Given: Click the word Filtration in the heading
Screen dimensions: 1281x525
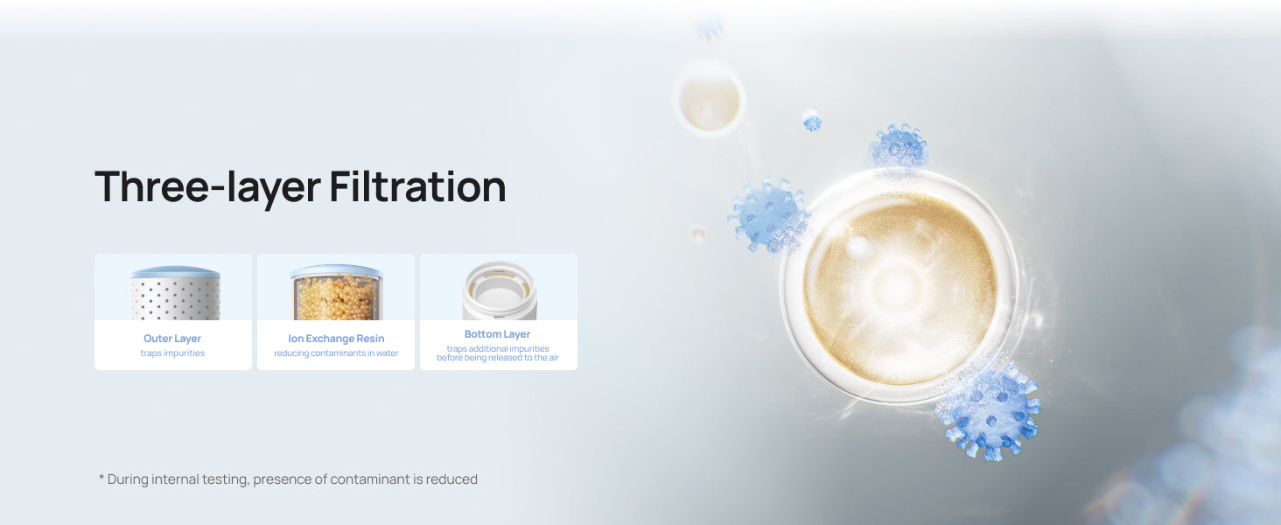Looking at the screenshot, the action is [x=418, y=186].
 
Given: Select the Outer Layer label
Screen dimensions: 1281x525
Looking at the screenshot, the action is [x=172, y=339].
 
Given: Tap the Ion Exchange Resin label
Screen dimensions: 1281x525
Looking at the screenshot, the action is [x=336, y=339].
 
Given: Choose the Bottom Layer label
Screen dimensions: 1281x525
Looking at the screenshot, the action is [x=497, y=334].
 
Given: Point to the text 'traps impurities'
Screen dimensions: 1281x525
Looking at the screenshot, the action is [x=172, y=353].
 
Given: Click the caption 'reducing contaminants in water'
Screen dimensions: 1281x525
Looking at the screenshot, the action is [x=336, y=353].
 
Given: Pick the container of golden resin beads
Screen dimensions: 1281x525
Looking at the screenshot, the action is [x=336, y=292].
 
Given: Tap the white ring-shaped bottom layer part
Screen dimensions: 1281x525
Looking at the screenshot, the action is [x=500, y=291].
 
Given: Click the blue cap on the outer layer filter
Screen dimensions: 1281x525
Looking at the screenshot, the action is [x=175, y=271].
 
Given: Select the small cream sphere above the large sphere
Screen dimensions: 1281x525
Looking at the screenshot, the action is [x=710, y=100].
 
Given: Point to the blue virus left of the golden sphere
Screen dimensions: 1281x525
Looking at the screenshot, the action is [x=768, y=215].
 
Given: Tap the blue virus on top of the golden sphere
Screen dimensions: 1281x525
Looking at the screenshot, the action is [x=899, y=146].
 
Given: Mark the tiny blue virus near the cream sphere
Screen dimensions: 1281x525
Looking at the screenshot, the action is [x=812, y=122].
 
